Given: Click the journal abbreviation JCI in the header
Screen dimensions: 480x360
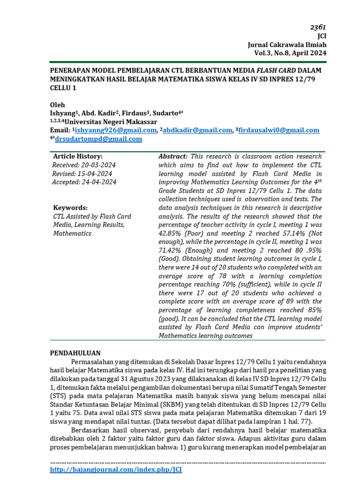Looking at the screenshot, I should tap(322, 36).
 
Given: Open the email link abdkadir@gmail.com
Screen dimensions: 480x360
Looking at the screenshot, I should tap(198, 130).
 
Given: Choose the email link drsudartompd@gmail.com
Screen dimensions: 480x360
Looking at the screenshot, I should tap(98, 139).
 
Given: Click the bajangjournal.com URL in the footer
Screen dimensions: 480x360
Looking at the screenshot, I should tap(116, 469).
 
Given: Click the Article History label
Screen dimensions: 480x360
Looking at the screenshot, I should tap(78, 157).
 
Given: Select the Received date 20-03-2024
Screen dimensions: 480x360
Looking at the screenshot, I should tap(84, 165).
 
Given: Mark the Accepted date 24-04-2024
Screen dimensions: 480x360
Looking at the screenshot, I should tap(84, 182).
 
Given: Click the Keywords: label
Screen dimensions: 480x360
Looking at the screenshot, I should tap(70, 208).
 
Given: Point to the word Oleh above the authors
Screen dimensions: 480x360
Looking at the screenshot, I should tap(58, 105).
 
